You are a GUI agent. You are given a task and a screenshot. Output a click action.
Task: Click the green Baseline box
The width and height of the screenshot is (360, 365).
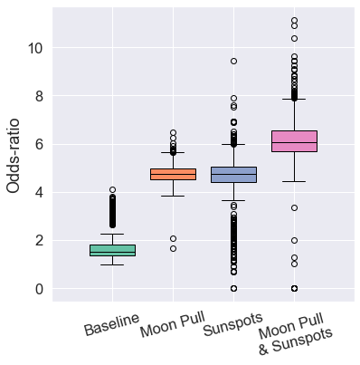pos(112,250)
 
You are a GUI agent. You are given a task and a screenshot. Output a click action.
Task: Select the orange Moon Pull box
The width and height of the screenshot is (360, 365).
pos(173,174)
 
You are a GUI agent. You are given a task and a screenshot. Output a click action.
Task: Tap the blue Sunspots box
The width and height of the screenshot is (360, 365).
pos(233,174)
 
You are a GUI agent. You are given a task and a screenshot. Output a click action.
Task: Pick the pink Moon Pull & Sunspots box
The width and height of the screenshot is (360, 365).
pos(294,140)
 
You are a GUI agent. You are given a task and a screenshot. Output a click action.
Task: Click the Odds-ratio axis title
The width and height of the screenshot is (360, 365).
pos(15,153)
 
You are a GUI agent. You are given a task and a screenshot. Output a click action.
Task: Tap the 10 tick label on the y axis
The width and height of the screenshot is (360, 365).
pos(33,48)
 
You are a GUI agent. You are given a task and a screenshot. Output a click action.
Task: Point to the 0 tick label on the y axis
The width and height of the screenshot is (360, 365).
pos(38,289)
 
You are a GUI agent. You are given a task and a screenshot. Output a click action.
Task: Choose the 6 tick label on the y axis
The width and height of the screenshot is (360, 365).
pos(38,144)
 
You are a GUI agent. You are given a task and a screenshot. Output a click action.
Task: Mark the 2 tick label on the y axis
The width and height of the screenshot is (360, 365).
pos(38,241)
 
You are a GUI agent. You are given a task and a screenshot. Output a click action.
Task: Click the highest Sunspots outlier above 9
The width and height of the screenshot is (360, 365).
pos(233,62)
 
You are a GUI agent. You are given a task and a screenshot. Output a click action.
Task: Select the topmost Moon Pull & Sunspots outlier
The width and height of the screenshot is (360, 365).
pos(294,21)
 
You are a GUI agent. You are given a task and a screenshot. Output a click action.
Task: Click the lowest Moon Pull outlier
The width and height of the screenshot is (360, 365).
pos(173,248)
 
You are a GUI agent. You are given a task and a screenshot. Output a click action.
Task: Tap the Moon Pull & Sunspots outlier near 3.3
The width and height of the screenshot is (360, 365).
pos(294,208)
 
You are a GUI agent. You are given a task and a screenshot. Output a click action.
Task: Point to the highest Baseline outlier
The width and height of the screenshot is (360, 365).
pos(112,190)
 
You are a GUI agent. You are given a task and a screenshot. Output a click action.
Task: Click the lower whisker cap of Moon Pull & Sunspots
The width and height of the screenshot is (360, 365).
pos(294,182)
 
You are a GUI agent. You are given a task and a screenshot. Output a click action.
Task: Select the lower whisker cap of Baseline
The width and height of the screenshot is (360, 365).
pos(112,264)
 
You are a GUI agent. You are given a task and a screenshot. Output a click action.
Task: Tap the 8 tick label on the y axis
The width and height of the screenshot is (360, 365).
pos(38,96)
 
